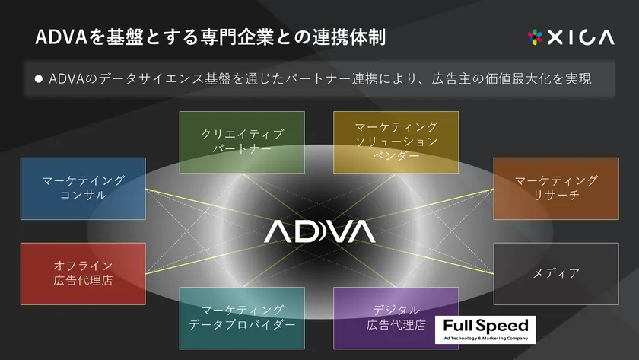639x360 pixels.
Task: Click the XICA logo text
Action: [x=580, y=37]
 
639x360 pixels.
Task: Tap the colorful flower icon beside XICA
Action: [x=535, y=37]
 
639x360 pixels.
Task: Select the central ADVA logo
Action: [x=320, y=231]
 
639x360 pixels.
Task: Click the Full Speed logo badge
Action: [x=485, y=330]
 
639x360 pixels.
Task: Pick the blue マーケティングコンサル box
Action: [x=83, y=188]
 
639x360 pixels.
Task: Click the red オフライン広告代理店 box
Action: [x=83, y=273]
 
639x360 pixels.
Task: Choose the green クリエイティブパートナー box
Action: [x=242, y=142]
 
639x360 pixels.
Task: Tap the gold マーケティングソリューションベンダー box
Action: [x=396, y=142]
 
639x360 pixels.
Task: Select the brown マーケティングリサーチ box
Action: [x=556, y=188]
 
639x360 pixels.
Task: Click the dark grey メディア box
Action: [x=556, y=273]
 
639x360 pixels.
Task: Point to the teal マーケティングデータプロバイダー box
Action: [x=242, y=318]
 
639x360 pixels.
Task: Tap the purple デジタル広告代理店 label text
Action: [x=396, y=317]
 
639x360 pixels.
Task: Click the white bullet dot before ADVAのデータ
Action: [x=39, y=78]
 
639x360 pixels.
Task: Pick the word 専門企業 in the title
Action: [x=237, y=37]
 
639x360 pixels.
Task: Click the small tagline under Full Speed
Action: [x=485, y=339]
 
